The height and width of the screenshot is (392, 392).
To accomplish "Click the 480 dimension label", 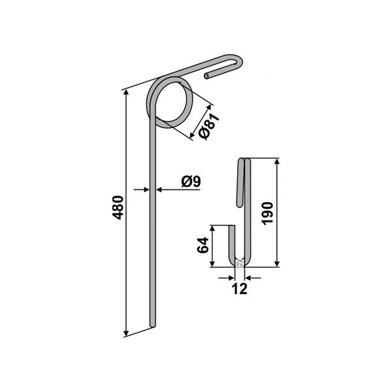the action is [x=119, y=208].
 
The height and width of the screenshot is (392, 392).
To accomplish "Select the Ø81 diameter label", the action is [x=209, y=126].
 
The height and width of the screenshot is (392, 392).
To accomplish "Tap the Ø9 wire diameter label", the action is [x=191, y=181].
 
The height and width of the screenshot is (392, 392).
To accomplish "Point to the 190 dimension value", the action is [x=267, y=213].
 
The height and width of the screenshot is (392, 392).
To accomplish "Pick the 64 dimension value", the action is [x=203, y=245].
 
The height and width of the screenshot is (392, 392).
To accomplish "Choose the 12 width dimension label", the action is [x=240, y=289].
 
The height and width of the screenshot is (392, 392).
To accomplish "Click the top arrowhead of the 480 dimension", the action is [x=126, y=93].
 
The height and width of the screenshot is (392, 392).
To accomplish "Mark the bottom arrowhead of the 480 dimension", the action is [x=126, y=333].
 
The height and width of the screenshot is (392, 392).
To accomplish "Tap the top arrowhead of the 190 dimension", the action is [x=277, y=162].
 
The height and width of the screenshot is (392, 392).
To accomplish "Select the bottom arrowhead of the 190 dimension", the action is [x=277, y=263].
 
